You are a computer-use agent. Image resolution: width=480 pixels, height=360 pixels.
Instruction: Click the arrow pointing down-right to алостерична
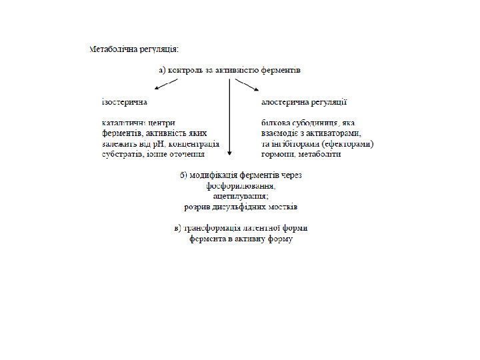tap(247, 85)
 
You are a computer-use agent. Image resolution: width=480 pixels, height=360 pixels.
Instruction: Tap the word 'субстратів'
tap(122, 154)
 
